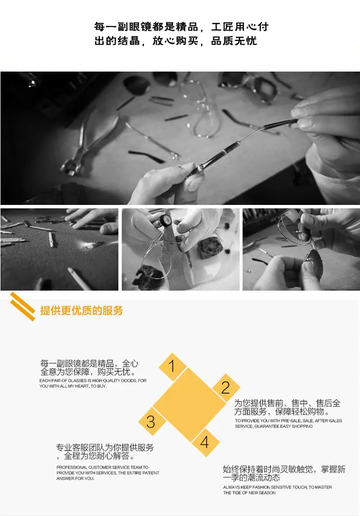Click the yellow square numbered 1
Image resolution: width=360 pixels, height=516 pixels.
[x=172, y=366]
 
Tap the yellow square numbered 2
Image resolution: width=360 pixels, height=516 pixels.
[x=226, y=387]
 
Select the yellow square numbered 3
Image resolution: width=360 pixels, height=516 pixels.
[x=152, y=422]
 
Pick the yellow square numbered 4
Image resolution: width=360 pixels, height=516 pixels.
[x=205, y=442]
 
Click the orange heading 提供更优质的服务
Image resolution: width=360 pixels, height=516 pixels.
[x=81, y=310]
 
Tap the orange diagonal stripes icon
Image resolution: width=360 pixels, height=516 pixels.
[x=22, y=306]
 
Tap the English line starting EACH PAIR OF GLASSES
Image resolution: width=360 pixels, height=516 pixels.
[x=93, y=380]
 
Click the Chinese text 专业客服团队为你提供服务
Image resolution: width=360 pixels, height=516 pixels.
[x=105, y=447]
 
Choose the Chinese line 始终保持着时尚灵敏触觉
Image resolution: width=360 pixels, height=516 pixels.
[x=268, y=469]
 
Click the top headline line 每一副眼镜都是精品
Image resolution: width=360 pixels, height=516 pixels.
[x=146, y=27]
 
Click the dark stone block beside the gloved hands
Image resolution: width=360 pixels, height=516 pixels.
[x=208, y=247]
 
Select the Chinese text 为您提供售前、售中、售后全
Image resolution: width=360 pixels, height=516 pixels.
[x=287, y=403]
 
